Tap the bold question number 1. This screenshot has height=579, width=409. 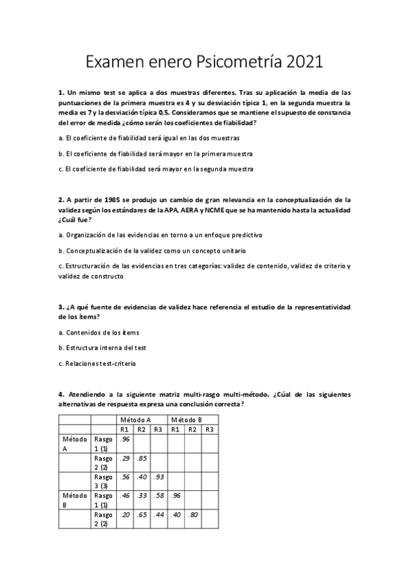[x=61, y=91]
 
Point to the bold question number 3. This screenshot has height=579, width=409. [x=61, y=308]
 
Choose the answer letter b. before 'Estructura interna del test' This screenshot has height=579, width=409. [x=61, y=348]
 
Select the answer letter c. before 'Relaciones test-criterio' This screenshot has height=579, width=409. [x=61, y=363]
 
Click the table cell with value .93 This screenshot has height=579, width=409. [x=158, y=476]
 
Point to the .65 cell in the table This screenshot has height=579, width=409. [x=141, y=514]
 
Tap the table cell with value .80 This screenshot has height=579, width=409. [x=193, y=514]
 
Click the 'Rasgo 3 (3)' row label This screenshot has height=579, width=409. [x=103, y=481]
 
